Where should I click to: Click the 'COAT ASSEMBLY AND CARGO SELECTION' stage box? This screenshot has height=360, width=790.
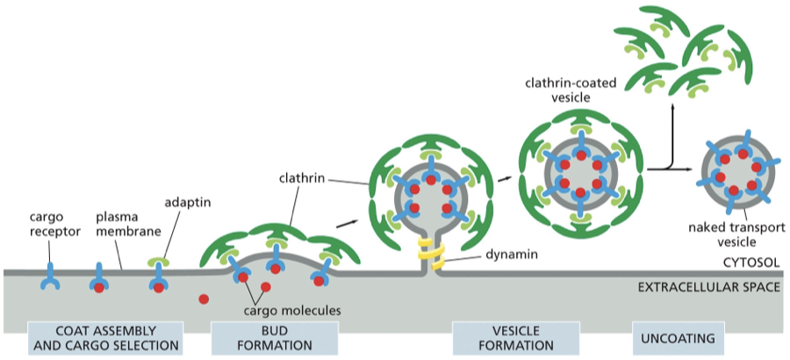coord(105,337)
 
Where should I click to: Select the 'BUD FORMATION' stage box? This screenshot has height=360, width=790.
coord(275,337)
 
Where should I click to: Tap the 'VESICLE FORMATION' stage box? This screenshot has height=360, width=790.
coord(515,337)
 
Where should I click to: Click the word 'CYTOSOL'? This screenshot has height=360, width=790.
coord(751,261)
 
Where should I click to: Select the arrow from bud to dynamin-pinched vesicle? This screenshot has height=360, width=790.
coord(348,223)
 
